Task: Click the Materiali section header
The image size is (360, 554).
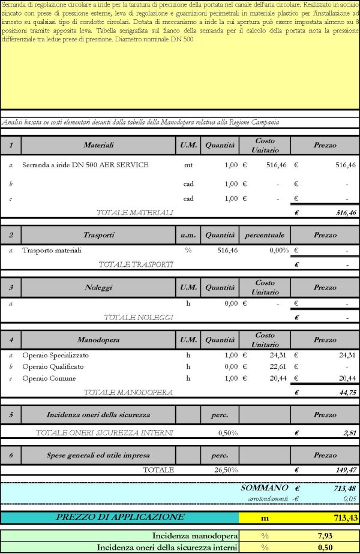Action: [98, 145]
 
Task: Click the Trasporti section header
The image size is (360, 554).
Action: [98, 235]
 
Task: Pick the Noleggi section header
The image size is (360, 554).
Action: [98, 287]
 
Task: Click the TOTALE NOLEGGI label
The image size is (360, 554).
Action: [138, 317]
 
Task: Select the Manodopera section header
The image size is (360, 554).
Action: [98, 340]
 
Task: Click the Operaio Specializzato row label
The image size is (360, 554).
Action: [55, 355]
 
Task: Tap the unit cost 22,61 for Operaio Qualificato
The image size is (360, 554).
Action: [270, 367]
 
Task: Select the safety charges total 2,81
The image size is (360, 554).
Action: [349, 432]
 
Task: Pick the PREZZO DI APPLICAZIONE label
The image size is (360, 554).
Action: [120, 517]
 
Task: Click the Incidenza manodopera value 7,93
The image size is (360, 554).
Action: [325, 535]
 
